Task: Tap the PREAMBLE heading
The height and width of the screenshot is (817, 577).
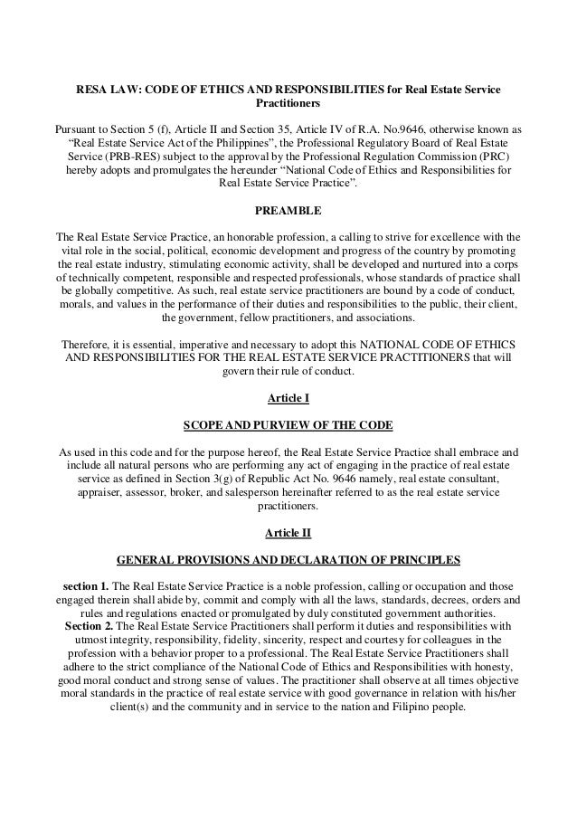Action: [x=288, y=211]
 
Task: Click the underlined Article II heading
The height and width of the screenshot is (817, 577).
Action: [x=288, y=531]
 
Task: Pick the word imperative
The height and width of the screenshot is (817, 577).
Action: [x=198, y=344]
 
